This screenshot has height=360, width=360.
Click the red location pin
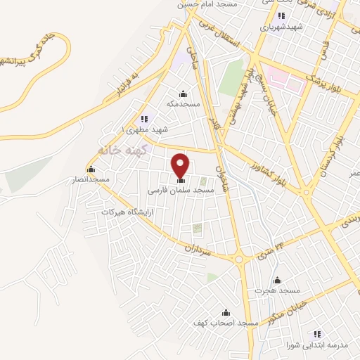[x=181, y=165]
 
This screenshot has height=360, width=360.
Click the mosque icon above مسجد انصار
[x=91, y=169]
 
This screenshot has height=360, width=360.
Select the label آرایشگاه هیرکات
[x=127, y=211]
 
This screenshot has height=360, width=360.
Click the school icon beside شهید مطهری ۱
[x=145, y=119]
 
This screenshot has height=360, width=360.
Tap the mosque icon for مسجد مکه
[x=184, y=94]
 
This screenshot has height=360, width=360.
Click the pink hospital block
[x=288, y=81]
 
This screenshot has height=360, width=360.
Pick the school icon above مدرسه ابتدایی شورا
[x=317, y=333]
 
